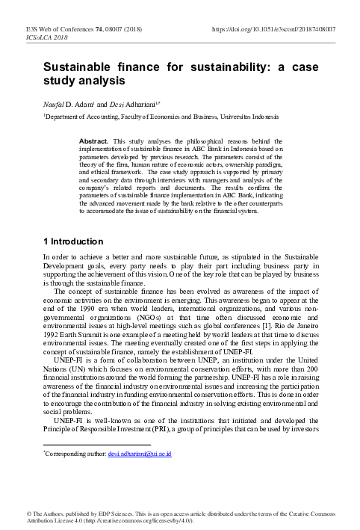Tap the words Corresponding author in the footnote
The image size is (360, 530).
point(75,454)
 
